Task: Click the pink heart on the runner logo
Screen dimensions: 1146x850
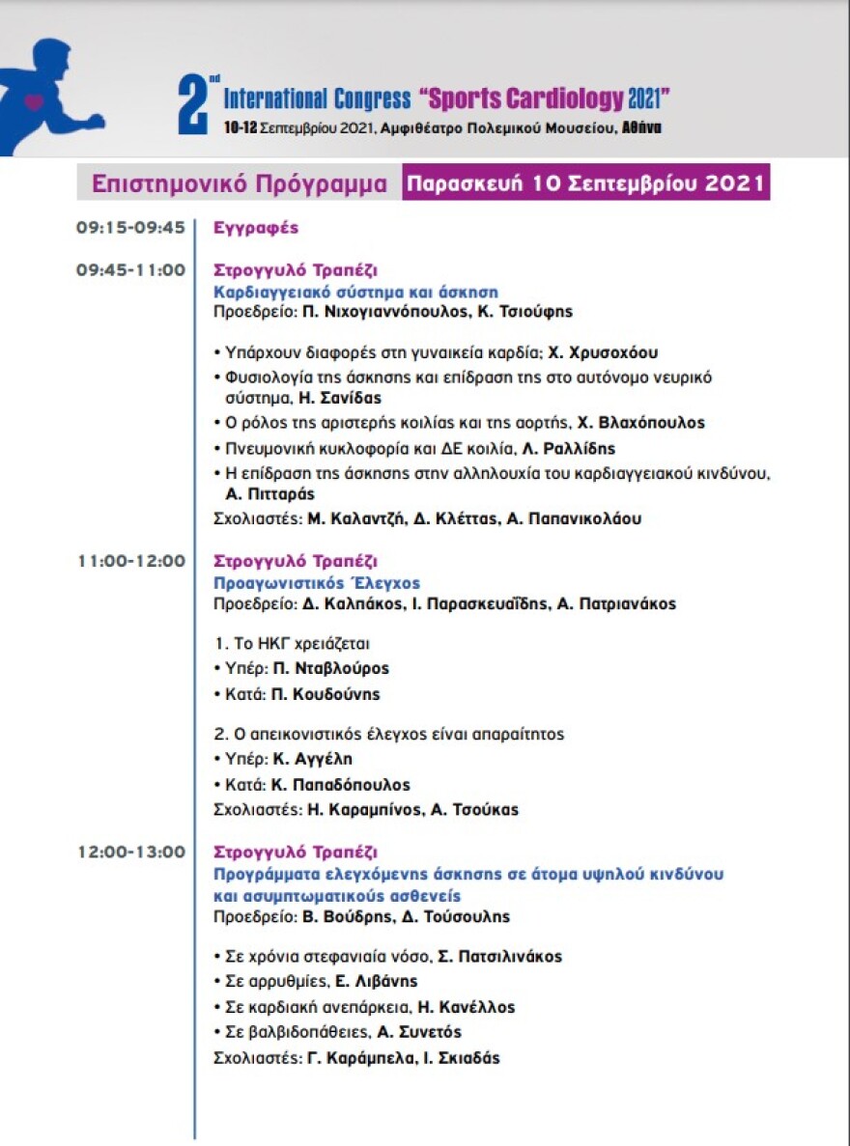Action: [x=35, y=100]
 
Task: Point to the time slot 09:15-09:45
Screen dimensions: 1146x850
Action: [x=130, y=228]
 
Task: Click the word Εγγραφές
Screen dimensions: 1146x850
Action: [x=256, y=229]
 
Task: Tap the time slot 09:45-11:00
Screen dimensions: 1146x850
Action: [x=130, y=270]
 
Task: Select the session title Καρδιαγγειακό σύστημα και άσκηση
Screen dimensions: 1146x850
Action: [x=355, y=292]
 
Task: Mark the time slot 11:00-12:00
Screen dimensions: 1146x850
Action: [x=130, y=560]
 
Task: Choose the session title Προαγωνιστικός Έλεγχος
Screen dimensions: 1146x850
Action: [x=317, y=583]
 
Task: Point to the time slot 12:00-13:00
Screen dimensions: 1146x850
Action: [x=130, y=852]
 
